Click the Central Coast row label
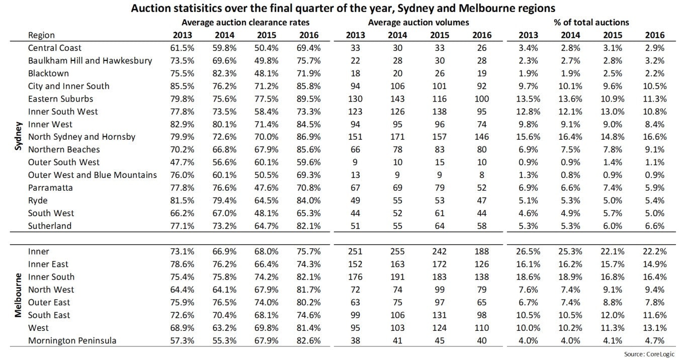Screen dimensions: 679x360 54,48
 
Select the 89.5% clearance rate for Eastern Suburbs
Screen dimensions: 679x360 309,99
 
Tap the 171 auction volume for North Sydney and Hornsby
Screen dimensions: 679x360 397,137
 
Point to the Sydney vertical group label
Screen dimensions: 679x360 19,136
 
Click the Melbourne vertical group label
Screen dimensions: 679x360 18,295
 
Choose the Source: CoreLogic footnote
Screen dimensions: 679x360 649,354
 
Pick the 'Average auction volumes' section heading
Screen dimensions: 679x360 418,23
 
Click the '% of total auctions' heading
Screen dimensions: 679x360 591,23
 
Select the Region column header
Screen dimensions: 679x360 41,36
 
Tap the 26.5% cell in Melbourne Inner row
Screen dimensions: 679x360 528,251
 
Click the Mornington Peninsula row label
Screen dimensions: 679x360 72,340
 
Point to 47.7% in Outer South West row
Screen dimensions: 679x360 182,162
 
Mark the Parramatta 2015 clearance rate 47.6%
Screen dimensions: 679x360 266,188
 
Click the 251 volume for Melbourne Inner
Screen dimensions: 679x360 355,251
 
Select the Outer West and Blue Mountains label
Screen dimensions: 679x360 93,175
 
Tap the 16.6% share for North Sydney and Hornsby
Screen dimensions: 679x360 655,137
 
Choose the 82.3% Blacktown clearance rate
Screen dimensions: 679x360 224,73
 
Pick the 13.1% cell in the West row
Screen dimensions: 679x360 655,328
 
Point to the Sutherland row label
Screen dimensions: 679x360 50,226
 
